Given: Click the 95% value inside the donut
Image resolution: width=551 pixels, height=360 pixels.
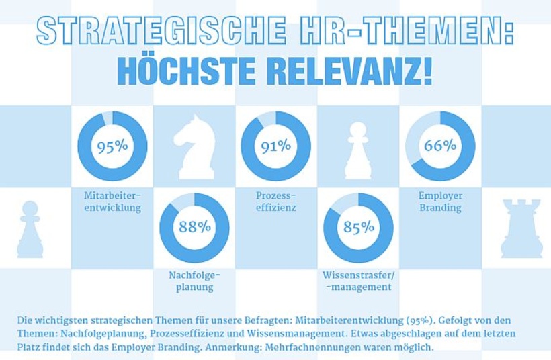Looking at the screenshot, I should (x=112, y=147).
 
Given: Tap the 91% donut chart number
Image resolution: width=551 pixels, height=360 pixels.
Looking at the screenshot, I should (x=275, y=146).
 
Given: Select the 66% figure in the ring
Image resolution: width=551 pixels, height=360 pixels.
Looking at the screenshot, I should (x=440, y=146).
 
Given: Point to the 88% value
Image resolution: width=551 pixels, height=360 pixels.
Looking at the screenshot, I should (x=194, y=227).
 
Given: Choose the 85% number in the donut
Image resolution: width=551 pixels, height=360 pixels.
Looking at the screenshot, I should (x=358, y=227).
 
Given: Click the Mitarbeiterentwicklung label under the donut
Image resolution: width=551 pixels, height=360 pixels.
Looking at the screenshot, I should (x=112, y=201).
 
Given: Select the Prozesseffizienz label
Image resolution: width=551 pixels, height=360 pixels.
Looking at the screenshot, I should (x=275, y=201).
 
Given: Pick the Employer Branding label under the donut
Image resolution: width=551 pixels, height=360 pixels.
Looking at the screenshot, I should (x=440, y=201).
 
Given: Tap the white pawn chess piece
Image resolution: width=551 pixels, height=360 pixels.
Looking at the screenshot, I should (x=357, y=150).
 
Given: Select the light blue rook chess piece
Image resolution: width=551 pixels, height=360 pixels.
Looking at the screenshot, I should (x=521, y=228).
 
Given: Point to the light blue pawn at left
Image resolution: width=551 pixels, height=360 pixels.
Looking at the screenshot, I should (x=30, y=229).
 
